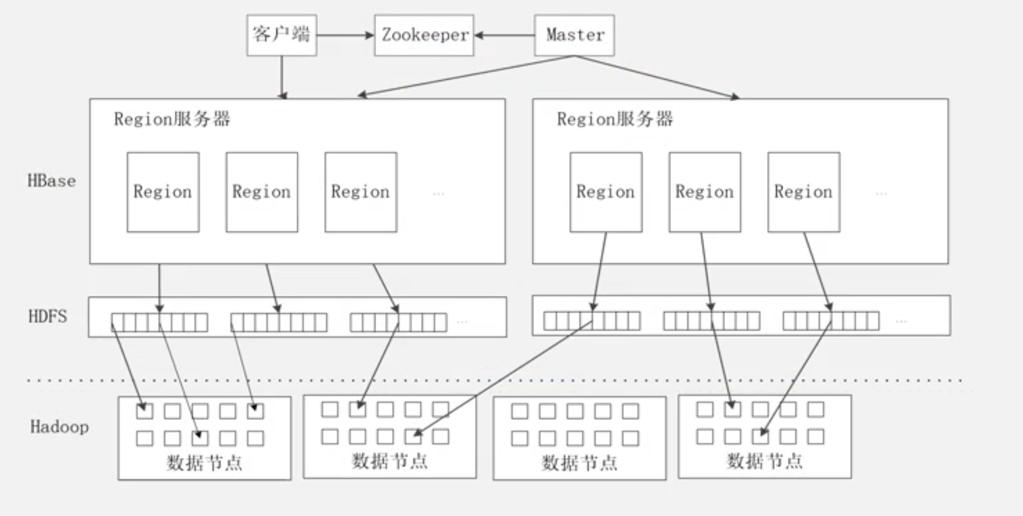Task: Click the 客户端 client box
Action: (281, 35)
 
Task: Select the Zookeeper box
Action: (424, 35)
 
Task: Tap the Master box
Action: (575, 35)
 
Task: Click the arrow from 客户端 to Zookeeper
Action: (345, 35)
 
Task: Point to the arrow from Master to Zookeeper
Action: (504, 35)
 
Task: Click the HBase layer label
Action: (51, 181)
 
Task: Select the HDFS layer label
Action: (47, 316)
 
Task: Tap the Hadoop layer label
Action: (59, 427)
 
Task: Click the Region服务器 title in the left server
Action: (172, 119)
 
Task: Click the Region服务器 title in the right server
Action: (615, 119)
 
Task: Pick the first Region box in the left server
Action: (163, 192)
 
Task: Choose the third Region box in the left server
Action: (361, 192)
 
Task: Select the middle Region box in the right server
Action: (705, 192)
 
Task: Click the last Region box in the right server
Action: (803, 192)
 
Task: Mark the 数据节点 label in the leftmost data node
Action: (204, 462)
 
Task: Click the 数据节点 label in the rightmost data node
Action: (765, 461)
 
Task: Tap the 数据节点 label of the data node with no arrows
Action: (579, 462)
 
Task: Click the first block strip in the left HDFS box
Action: (160, 322)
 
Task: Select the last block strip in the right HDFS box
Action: (831, 321)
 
